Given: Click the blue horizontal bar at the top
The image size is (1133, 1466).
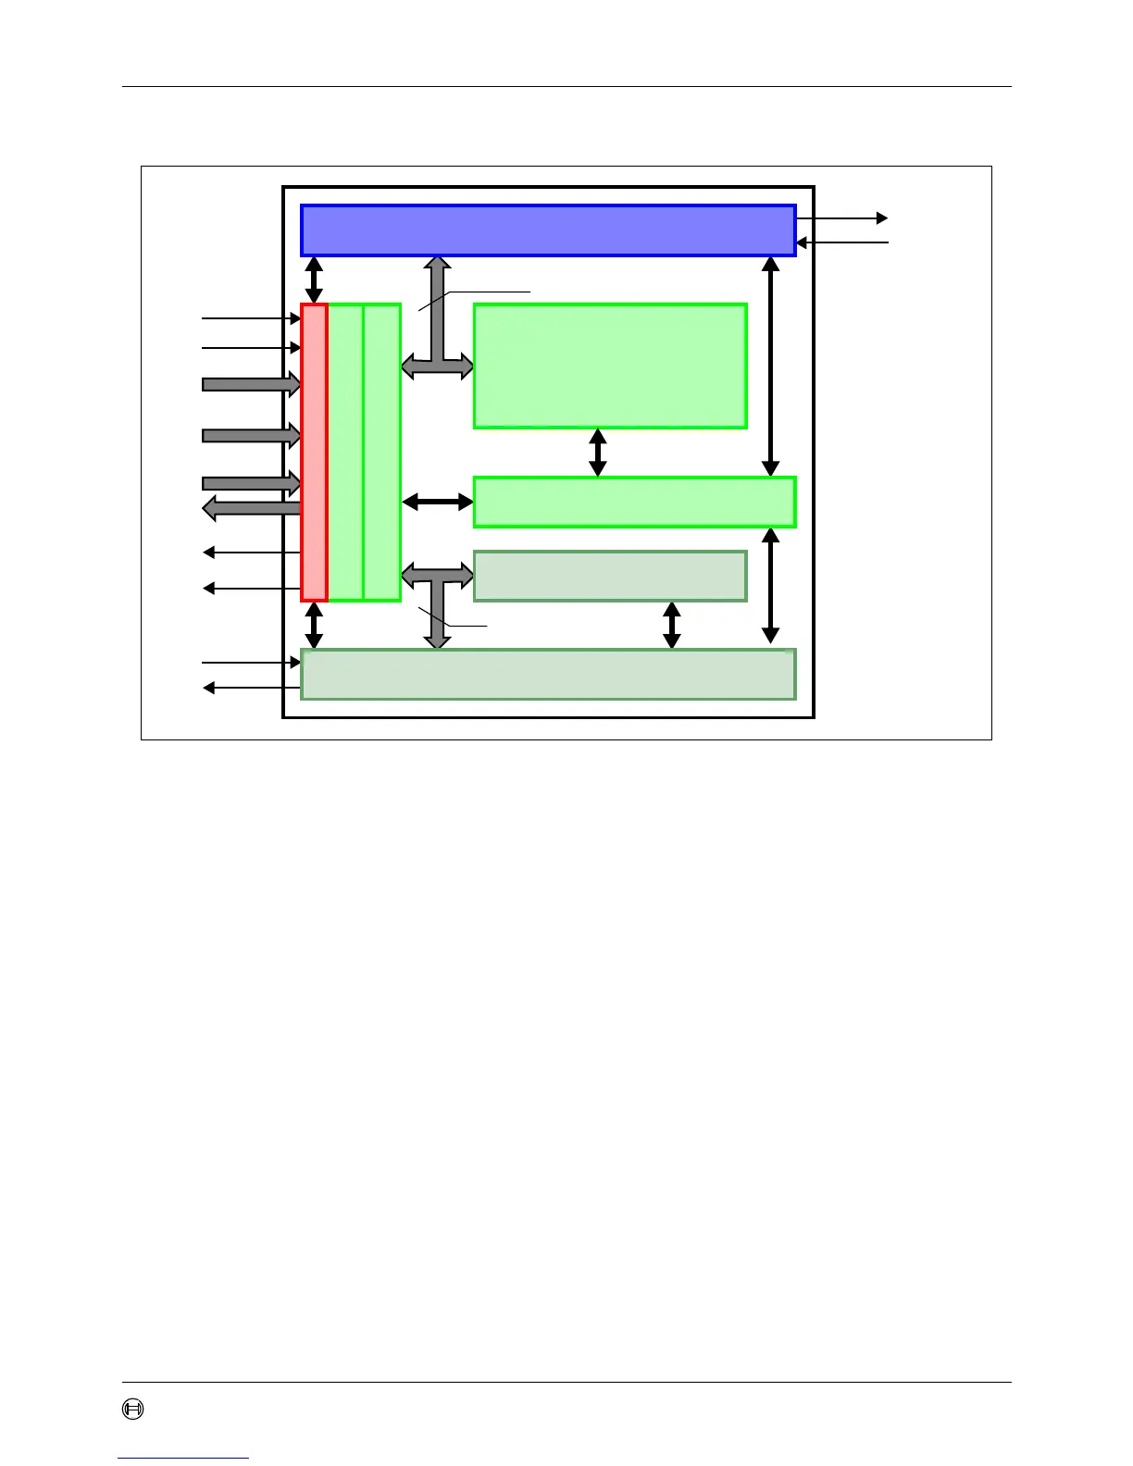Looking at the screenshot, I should pyautogui.click(x=548, y=230).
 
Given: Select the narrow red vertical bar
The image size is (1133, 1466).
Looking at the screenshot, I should pyautogui.click(x=315, y=453).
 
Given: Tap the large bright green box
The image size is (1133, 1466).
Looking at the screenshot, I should pyautogui.click(x=610, y=366).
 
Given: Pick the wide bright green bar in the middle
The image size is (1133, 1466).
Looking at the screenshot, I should pyautogui.click(x=634, y=502).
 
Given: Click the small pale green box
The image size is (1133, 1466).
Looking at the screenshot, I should pyautogui.click(x=610, y=576).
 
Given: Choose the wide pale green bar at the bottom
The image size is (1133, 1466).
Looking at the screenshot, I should pyautogui.click(x=548, y=674).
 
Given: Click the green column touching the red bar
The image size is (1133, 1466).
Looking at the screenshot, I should pyautogui.click(x=345, y=453).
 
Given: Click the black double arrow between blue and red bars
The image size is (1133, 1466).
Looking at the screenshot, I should pyautogui.click(x=315, y=280).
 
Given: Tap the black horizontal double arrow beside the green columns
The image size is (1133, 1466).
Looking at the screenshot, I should pyautogui.click(x=437, y=502).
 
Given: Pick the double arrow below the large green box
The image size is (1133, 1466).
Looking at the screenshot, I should pyautogui.click(x=598, y=453).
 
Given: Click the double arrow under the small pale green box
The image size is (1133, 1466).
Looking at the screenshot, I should pyautogui.click(x=673, y=625).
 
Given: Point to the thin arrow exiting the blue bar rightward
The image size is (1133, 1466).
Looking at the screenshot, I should pyautogui.click(x=841, y=218).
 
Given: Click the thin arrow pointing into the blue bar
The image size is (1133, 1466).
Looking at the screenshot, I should pyautogui.click(x=841, y=242).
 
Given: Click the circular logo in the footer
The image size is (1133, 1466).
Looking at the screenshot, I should pyautogui.click(x=134, y=1410).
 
